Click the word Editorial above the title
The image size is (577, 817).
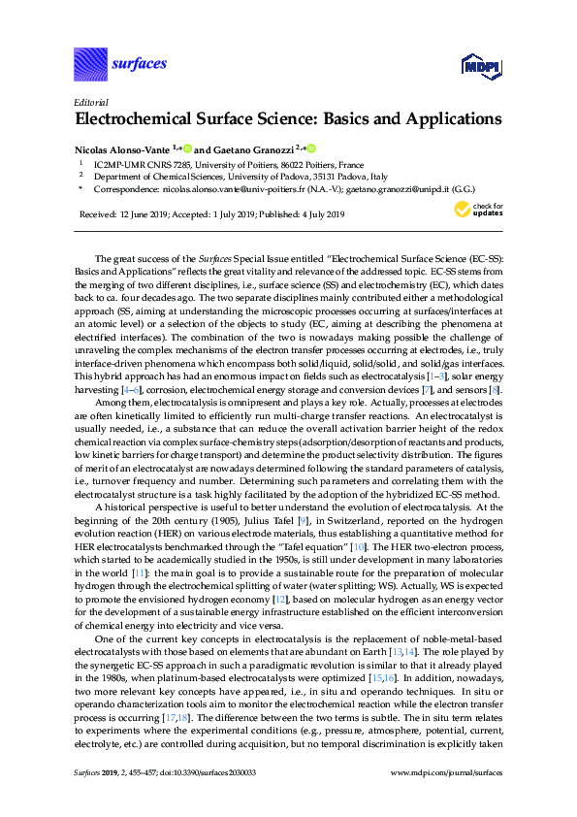[90, 102]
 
